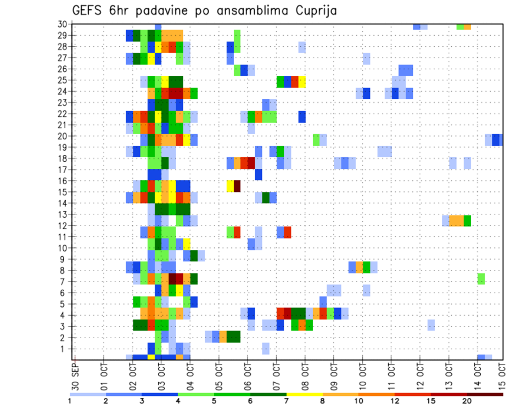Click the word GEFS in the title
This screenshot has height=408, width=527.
click(x=91, y=10)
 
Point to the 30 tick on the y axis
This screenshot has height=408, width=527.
click(x=62, y=24)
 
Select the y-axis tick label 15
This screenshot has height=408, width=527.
click(x=62, y=192)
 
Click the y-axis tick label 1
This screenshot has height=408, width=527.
click(x=64, y=349)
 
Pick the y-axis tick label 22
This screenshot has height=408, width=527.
click(x=62, y=114)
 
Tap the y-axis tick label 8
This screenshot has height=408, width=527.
click(x=64, y=271)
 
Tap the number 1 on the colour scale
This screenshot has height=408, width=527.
click(x=70, y=401)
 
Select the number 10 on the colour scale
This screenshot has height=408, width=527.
click(x=359, y=401)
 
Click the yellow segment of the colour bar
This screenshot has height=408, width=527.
click(x=305, y=394)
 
